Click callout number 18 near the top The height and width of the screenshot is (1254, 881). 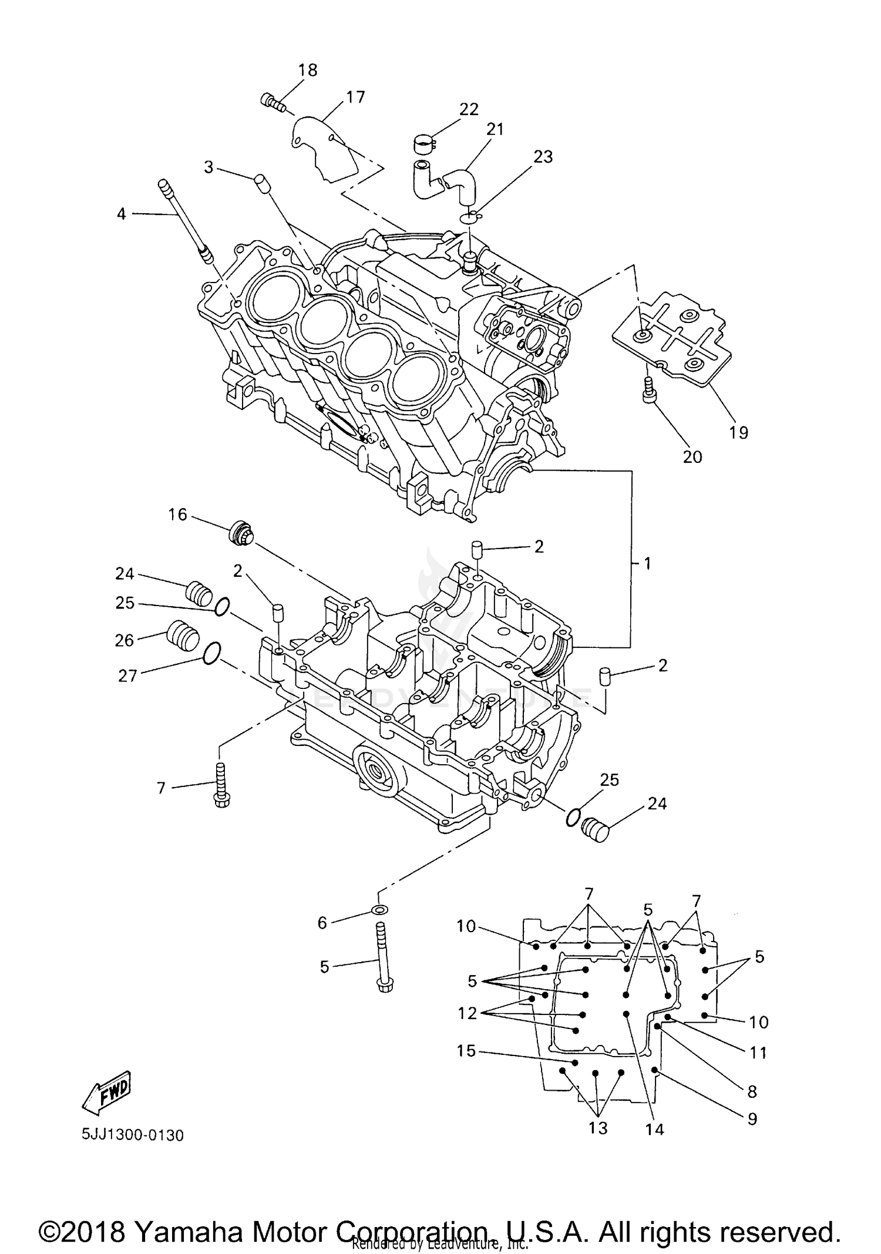(x=307, y=70)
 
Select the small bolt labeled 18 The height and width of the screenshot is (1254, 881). (x=272, y=102)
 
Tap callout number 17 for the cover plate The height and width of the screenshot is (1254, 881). (x=355, y=97)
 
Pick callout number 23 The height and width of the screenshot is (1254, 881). (x=543, y=157)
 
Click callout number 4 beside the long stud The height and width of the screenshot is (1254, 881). (x=121, y=214)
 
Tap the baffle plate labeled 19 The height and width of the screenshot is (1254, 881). (x=672, y=340)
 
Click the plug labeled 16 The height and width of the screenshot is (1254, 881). (x=241, y=533)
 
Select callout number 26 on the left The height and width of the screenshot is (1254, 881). (x=125, y=640)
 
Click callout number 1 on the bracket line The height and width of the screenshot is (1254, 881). (x=647, y=564)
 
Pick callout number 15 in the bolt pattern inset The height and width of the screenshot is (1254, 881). (x=466, y=1050)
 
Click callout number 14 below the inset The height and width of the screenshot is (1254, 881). (x=654, y=1129)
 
